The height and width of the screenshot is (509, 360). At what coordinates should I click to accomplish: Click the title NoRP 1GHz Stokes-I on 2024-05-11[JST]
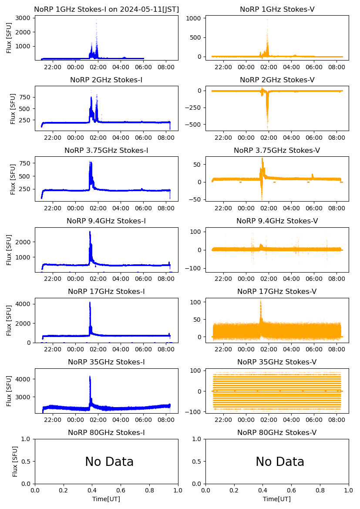(106, 9)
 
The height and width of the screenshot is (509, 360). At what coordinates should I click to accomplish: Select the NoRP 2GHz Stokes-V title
(277, 80)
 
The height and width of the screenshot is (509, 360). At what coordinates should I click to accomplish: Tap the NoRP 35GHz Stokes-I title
(106, 362)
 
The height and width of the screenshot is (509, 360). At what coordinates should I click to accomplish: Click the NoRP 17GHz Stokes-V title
(277, 291)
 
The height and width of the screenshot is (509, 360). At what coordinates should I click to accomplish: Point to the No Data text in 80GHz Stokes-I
(109, 462)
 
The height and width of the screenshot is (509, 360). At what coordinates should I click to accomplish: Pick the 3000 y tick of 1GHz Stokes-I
(24, 18)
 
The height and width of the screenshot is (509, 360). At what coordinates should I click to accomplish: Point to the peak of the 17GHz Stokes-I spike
(90, 302)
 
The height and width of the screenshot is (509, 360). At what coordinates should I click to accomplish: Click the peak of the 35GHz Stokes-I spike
(90, 377)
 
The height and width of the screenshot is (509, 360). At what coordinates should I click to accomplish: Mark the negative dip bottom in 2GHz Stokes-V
(267, 128)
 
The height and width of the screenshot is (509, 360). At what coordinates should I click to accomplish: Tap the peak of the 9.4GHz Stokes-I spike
(90, 232)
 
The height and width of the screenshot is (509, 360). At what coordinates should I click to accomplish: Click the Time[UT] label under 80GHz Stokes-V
(277, 499)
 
